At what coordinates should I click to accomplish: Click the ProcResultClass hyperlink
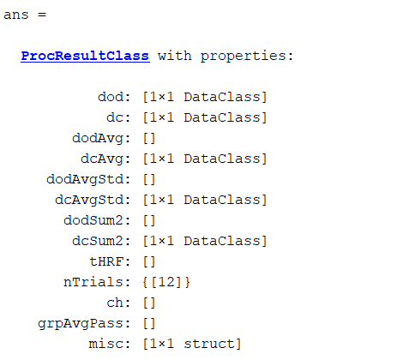click(x=85, y=56)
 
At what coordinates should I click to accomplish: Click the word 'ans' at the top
click(x=16, y=15)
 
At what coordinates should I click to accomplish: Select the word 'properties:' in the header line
click(x=247, y=57)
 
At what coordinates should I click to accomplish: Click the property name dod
click(x=110, y=97)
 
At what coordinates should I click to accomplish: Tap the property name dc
click(x=114, y=117)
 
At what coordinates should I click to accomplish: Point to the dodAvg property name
click(x=97, y=139)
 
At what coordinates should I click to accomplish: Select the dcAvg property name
click(x=101, y=159)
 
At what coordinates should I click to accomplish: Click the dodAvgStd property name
click(x=84, y=180)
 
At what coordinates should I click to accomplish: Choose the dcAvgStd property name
click(x=88, y=200)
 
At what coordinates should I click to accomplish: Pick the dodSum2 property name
click(x=93, y=220)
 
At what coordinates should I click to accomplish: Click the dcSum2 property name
click(x=97, y=241)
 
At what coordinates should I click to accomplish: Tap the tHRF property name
click(x=105, y=261)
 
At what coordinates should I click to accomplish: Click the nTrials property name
click(x=93, y=282)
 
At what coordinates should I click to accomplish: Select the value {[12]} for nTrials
click(x=166, y=282)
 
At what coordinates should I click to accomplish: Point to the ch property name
click(x=114, y=303)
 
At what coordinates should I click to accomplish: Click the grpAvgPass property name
click(x=80, y=324)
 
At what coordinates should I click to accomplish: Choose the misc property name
click(x=105, y=344)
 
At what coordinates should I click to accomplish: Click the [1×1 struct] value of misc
click(x=192, y=344)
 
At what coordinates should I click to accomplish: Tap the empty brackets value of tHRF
click(x=149, y=261)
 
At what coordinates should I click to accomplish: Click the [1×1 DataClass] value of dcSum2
click(x=205, y=241)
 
